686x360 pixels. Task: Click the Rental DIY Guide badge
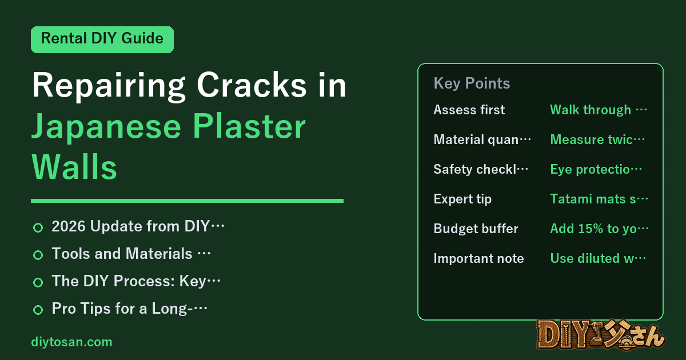click(x=102, y=39)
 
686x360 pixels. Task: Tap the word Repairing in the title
click(x=109, y=85)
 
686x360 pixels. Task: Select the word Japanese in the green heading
click(x=106, y=127)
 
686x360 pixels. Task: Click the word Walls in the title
click(x=74, y=167)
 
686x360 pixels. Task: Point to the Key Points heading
click(x=472, y=83)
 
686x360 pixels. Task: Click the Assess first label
click(x=469, y=110)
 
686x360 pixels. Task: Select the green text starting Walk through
click(x=599, y=110)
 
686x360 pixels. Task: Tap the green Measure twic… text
click(x=597, y=139)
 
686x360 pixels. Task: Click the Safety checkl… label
click(x=481, y=169)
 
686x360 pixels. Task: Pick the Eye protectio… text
click(x=596, y=169)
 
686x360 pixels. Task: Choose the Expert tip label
click(x=462, y=199)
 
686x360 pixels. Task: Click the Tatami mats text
click(x=599, y=199)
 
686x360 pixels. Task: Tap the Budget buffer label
click(x=476, y=229)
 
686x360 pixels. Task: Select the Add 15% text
click(x=599, y=229)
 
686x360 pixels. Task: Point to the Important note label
click(x=478, y=258)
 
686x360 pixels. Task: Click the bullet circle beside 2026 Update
click(x=38, y=227)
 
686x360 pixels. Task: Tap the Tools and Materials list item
click(x=131, y=254)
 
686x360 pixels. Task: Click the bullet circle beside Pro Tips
click(x=38, y=310)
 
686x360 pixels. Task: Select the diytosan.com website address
click(x=71, y=342)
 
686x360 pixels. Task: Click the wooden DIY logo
click(x=601, y=335)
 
